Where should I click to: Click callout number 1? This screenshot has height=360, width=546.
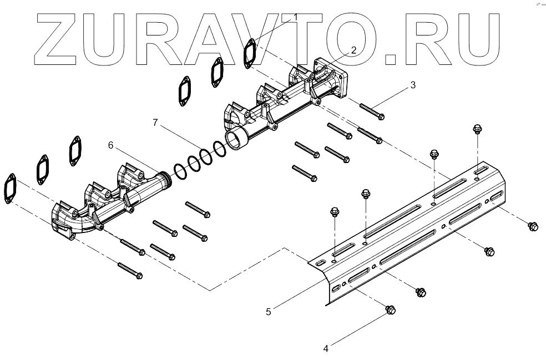(296, 17)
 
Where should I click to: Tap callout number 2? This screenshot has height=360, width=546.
(353, 49)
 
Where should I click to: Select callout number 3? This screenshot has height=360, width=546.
(412, 85)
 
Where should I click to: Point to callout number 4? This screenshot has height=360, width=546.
(326, 348)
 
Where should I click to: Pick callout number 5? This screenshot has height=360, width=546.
(269, 311)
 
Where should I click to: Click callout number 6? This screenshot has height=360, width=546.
(110, 145)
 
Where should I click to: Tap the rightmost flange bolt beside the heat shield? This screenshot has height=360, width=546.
(533, 226)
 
